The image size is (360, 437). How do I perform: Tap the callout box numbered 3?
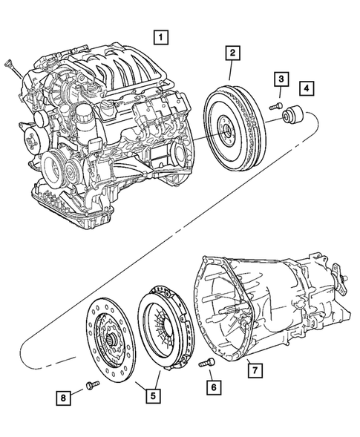tap(281, 79)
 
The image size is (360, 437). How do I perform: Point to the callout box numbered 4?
tap(307, 89)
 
